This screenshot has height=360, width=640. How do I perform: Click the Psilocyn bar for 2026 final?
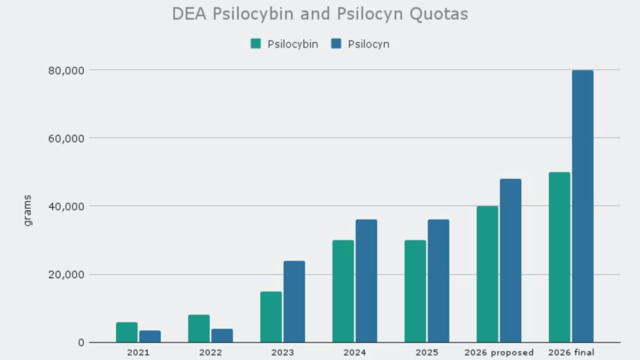click(x=582, y=206)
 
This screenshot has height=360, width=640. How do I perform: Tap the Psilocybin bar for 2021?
click(x=127, y=332)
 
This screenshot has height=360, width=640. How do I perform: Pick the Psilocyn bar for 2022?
click(x=222, y=336)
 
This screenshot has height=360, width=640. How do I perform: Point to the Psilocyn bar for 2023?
click(x=294, y=302)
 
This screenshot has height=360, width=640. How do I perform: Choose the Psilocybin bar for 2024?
click(x=343, y=291)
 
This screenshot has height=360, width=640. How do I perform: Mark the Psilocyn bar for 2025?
click(x=438, y=281)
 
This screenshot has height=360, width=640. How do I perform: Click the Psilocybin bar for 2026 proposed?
click(x=487, y=274)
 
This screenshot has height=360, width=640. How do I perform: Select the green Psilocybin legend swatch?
click(x=256, y=44)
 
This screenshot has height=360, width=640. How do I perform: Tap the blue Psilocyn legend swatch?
click(x=336, y=44)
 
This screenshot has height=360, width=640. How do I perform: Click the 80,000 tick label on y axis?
click(x=66, y=70)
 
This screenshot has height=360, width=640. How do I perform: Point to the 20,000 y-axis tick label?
click(x=66, y=274)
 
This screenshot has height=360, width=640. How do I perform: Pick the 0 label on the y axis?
click(x=81, y=342)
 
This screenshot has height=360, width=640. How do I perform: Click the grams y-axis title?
click(x=27, y=211)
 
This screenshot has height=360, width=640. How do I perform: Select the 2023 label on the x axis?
click(x=282, y=352)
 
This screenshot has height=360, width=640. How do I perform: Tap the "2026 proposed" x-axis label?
click(x=499, y=352)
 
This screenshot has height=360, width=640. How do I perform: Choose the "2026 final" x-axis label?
click(x=571, y=352)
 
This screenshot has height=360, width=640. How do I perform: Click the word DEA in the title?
click(x=190, y=14)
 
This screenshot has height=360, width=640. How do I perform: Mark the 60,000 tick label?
click(x=66, y=138)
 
